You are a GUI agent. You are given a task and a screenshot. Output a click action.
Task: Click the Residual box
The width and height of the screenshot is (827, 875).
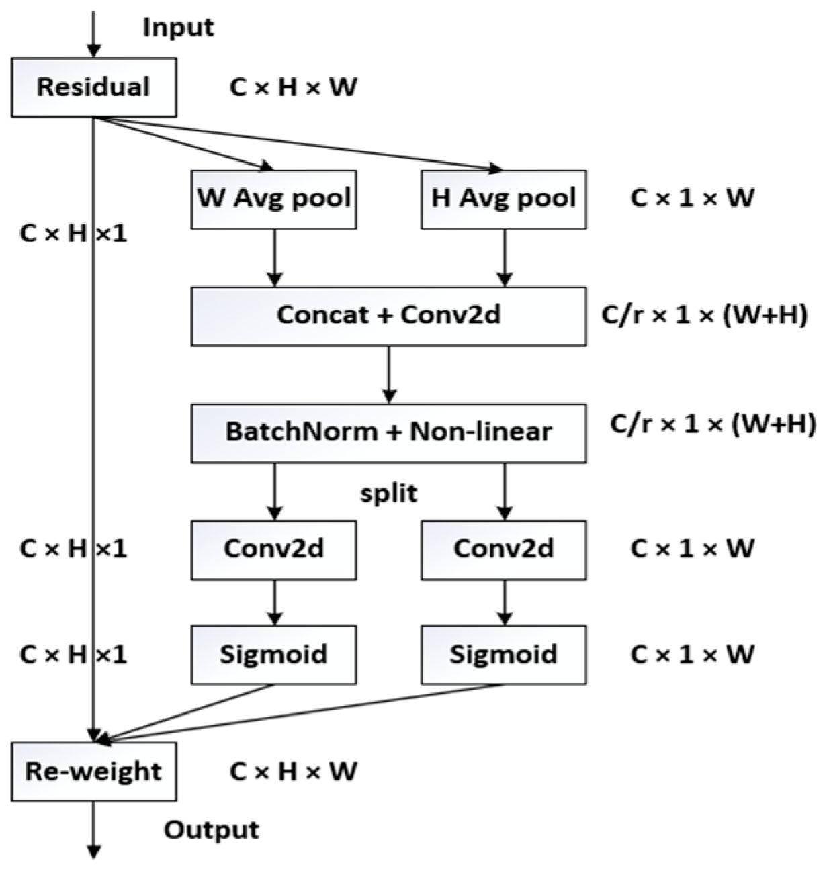click(94, 87)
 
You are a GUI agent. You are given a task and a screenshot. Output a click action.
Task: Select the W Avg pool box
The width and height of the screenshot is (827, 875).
click(273, 199)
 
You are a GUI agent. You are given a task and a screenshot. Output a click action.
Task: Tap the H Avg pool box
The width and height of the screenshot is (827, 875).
click(503, 199)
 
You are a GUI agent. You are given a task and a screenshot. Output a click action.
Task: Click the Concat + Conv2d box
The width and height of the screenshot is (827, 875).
click(388, 316)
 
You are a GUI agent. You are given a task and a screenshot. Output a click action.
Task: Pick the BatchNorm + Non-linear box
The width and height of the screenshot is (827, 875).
click(388, 432)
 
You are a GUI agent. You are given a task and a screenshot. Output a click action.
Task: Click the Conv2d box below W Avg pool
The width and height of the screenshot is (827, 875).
click(273, 549)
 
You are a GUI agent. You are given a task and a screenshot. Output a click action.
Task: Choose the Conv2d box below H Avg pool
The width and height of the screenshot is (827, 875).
click(503, 549)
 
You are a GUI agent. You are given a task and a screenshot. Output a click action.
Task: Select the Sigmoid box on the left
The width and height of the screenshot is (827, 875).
click(273, 655)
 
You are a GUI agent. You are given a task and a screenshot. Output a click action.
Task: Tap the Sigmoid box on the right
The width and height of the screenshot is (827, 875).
click(503, 655)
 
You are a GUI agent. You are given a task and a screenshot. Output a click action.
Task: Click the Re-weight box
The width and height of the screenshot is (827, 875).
click(94, 772)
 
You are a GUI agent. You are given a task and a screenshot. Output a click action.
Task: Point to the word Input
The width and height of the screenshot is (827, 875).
click(178, 28)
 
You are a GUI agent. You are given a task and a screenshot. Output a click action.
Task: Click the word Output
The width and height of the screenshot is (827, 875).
click(212, 831)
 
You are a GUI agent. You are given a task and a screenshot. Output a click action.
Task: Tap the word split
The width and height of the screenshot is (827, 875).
click(389, 494)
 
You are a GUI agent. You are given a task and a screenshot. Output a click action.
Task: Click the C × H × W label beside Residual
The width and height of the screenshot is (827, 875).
click(294, 87)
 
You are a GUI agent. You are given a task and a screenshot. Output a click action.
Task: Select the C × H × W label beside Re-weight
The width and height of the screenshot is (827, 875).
click(294, 772)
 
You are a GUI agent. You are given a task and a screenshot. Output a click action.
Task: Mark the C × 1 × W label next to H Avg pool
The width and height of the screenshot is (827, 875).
click(692, 199)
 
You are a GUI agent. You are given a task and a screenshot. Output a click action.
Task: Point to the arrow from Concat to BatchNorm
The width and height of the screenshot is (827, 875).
click(388, 374)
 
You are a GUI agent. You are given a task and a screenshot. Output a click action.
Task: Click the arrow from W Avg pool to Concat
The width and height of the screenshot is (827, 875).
click(274, 258)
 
